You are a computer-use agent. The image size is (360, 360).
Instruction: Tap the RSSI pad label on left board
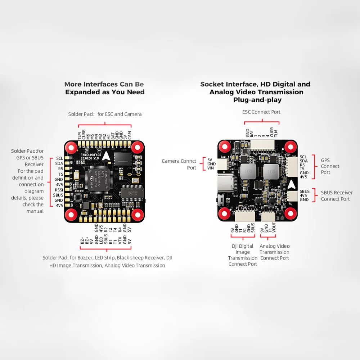(59, 190)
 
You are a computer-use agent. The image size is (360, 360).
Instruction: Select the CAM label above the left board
(130, 135)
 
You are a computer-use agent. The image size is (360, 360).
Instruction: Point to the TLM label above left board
(80, 135)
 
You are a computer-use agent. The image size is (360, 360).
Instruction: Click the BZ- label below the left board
(82, 240)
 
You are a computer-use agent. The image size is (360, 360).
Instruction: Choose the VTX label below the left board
(120, 240)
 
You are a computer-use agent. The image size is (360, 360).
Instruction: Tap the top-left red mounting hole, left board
(71, 147)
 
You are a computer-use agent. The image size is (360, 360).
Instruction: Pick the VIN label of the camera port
(211, 168)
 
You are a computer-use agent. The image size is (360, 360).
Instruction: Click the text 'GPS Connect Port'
(330, 166)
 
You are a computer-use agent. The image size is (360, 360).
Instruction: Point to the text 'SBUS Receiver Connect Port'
(337, 196)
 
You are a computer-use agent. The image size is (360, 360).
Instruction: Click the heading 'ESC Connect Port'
(261, 112)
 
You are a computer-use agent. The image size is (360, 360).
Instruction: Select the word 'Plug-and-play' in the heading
(257, 100)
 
